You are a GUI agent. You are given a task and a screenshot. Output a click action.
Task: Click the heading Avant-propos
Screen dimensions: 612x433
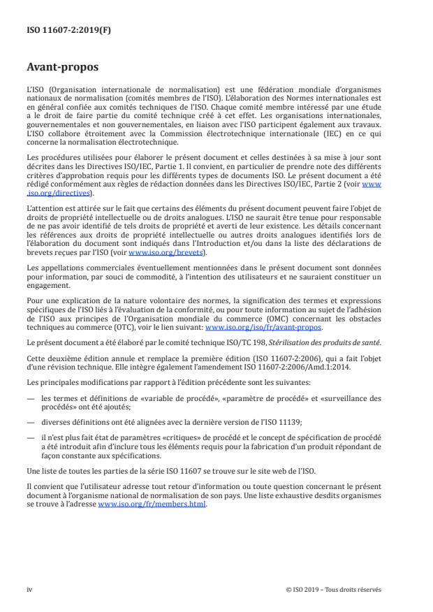59,68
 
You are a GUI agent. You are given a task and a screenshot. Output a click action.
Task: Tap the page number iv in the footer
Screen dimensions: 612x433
29,589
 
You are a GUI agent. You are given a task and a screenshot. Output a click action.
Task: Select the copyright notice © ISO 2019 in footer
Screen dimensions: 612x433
334,589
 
